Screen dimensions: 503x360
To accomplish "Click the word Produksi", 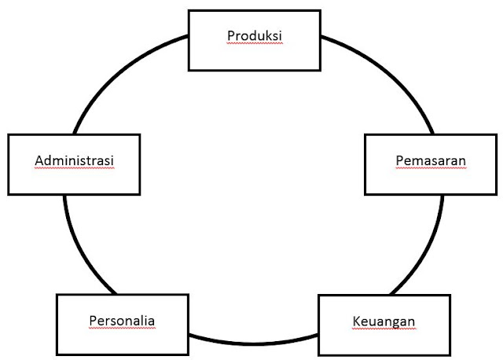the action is pyautogui.click(x=254, y=36).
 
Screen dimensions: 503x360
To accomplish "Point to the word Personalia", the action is pyautogui.click(x=121, y=320).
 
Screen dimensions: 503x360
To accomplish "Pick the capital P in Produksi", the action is pyautogui.click(x=231, y=36).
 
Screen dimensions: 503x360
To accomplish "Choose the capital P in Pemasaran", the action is pyautogui.click(x=398, y=161).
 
